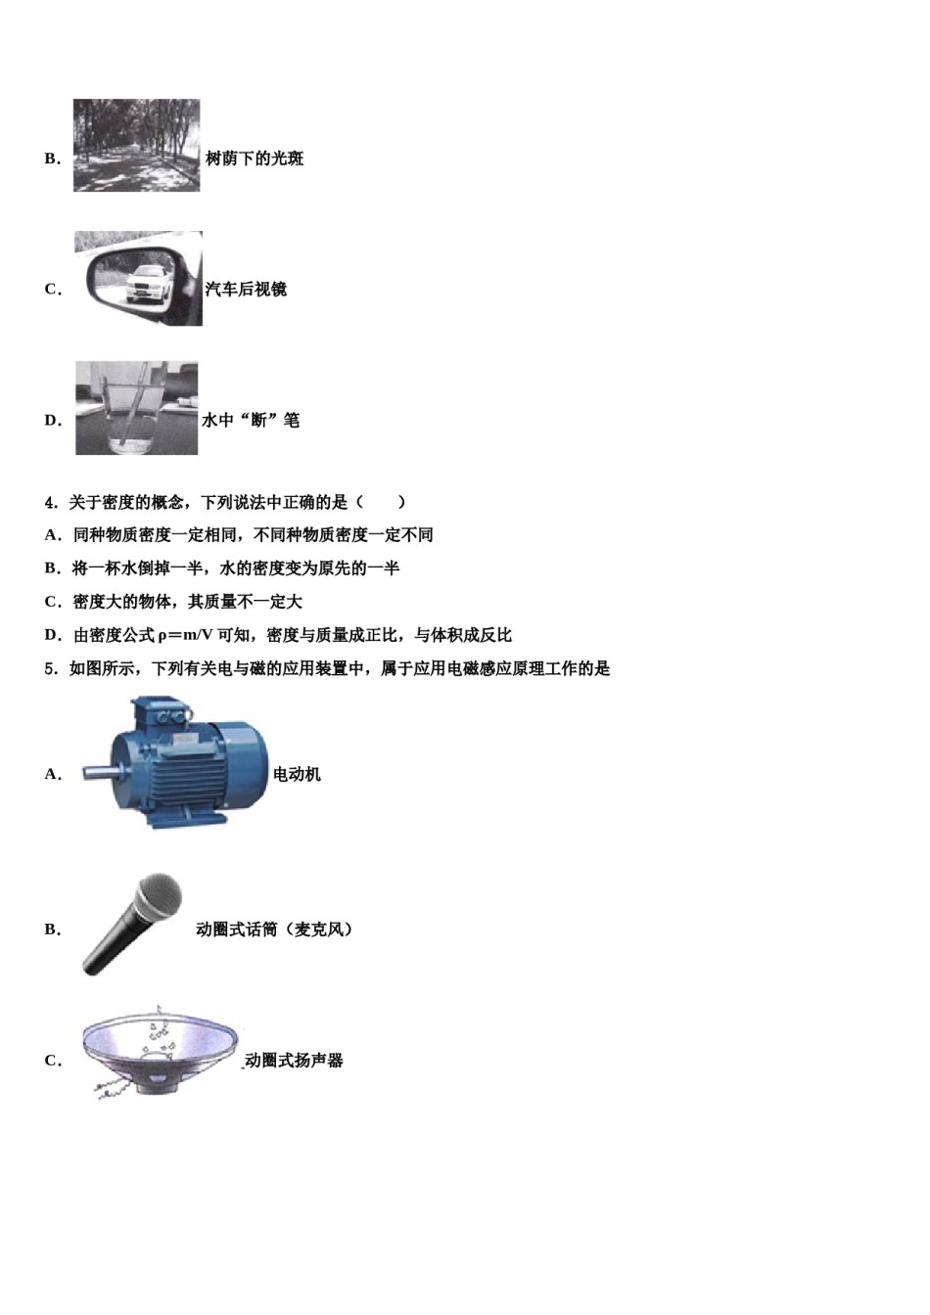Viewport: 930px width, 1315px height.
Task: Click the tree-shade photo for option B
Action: pyautogui.click(x=136, y=145)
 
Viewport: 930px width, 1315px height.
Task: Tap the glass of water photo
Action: pyautogui.click(x=136, y=408)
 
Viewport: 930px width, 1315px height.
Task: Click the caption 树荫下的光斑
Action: pyautogui.click(x=255, y=159)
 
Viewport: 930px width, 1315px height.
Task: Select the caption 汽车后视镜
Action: pyautogui.click(x=246, y=290)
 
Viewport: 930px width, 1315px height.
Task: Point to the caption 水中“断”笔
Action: pyautogui.click(x=251, y=421)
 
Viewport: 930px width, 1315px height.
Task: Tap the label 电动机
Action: pyautogui.click(x=297, y=775)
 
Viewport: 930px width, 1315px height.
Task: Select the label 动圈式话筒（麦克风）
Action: pyautogui.click(x=274, y=930)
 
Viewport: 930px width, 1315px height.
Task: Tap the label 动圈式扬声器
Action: pyautogui.click(x=294, y=1061)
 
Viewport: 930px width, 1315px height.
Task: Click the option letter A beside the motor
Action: pyautogui.click(x=52, y=775)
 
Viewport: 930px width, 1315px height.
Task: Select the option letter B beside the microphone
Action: pyautogui.click(x=52, y=930)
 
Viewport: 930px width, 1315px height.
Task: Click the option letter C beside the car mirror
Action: pyautogui.click(x=52, y=290)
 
